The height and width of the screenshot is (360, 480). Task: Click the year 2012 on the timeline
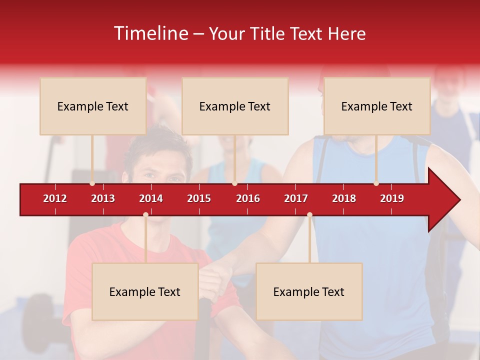pos(55,198)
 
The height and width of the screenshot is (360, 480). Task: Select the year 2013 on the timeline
pos(103,198)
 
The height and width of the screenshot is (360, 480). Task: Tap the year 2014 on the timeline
pos(151,198)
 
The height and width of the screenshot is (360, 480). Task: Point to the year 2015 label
pos(199,198)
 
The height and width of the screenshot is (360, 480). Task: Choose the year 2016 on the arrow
pos(248,198)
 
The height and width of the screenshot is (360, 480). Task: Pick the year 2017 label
pos(296,198)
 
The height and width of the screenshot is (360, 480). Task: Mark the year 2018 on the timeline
pos(344,198)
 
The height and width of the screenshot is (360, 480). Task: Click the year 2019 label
pos(392,198)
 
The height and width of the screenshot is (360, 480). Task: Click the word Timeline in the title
pos(150,33)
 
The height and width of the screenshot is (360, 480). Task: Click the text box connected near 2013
pos(93,106)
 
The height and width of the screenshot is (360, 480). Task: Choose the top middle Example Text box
pos(235,106)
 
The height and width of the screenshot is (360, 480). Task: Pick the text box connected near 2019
pos(377,106)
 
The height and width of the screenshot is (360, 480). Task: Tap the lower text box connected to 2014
pos(145,291)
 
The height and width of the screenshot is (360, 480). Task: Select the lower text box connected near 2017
pos(309,291)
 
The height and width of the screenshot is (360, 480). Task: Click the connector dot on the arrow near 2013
pos(92,183)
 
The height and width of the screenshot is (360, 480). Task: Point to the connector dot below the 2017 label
pos(309,214)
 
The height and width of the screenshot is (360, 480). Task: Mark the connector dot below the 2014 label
pos(145,214)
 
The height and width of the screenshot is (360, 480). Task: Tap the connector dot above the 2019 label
pos(376,183)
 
